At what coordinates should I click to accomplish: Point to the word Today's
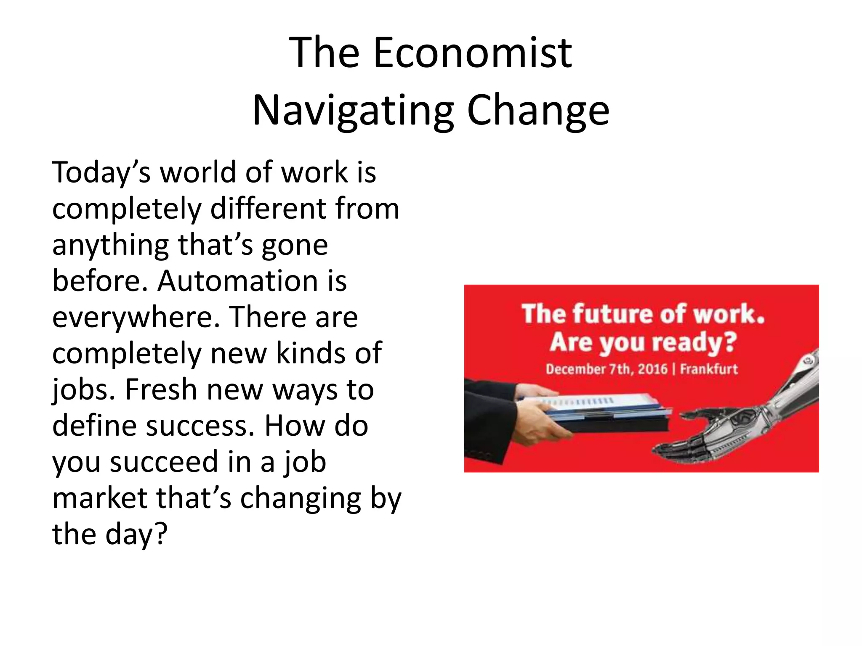(x=101, y=173)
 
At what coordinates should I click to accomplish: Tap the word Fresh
(x=161, y=390)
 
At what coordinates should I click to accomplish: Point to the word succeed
(x=164, y=462)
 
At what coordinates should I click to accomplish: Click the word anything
(x=110, y=245)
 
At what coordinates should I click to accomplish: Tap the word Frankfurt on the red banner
(x=709, y=369)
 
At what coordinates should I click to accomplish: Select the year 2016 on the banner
(x=652, y=369)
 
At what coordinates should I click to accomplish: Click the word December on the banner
(x=575, y=369)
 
